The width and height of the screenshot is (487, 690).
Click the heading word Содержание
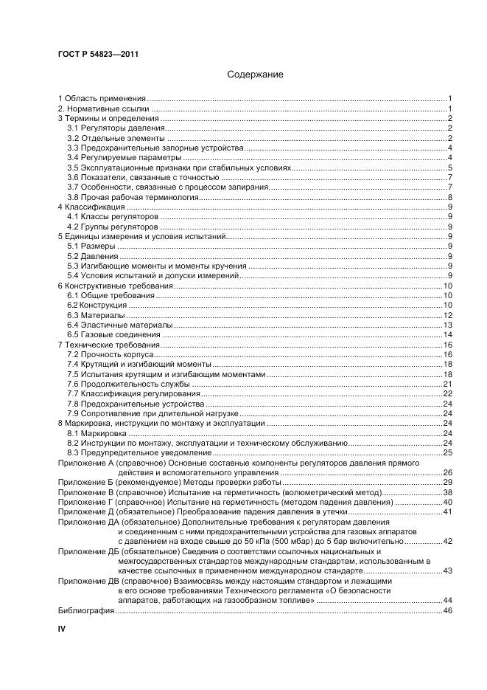coord(255,75)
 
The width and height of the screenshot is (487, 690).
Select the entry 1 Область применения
coord(102,98)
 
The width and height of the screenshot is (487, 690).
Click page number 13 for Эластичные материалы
coord(446,325)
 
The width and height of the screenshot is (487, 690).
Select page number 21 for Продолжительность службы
coord(446,384)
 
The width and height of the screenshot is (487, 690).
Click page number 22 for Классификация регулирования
coord(446,394)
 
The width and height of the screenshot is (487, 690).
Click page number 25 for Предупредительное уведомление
coord(446,453)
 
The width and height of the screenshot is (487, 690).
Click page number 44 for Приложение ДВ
coord(446,601)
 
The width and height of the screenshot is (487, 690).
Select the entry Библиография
coord(85,611)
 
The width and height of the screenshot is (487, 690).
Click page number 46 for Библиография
coord(446,611)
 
